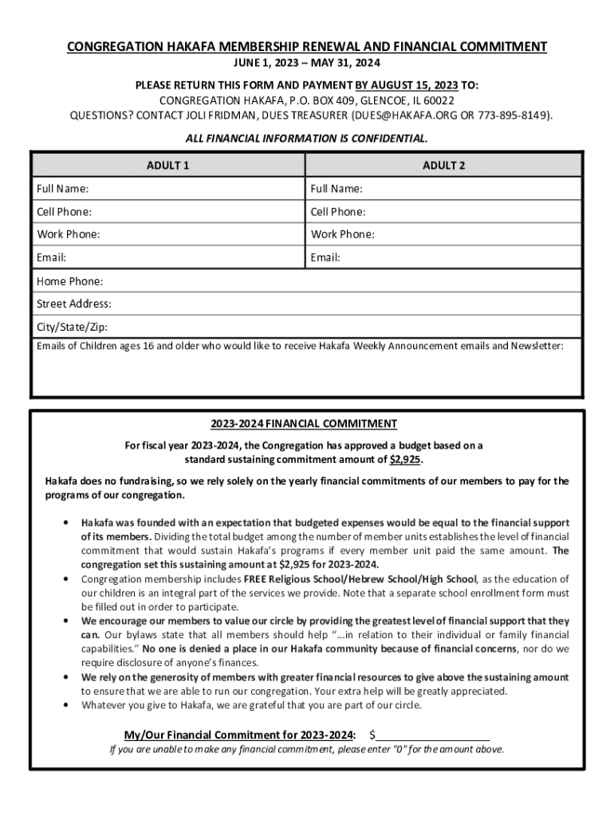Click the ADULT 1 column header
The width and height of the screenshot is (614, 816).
point(167,166)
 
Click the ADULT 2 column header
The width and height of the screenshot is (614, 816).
point(443,166)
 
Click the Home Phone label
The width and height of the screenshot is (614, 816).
point(70,281)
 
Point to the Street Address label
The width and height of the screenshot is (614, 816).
point(74,304)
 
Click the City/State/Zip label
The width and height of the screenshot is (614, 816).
point(72,327)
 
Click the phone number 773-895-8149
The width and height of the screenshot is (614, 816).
point(513,115)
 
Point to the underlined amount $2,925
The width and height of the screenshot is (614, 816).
point(405,460)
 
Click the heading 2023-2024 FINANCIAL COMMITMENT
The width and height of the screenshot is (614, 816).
point(304,424)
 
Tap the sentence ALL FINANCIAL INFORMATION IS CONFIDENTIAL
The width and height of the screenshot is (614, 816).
point(306,139)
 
